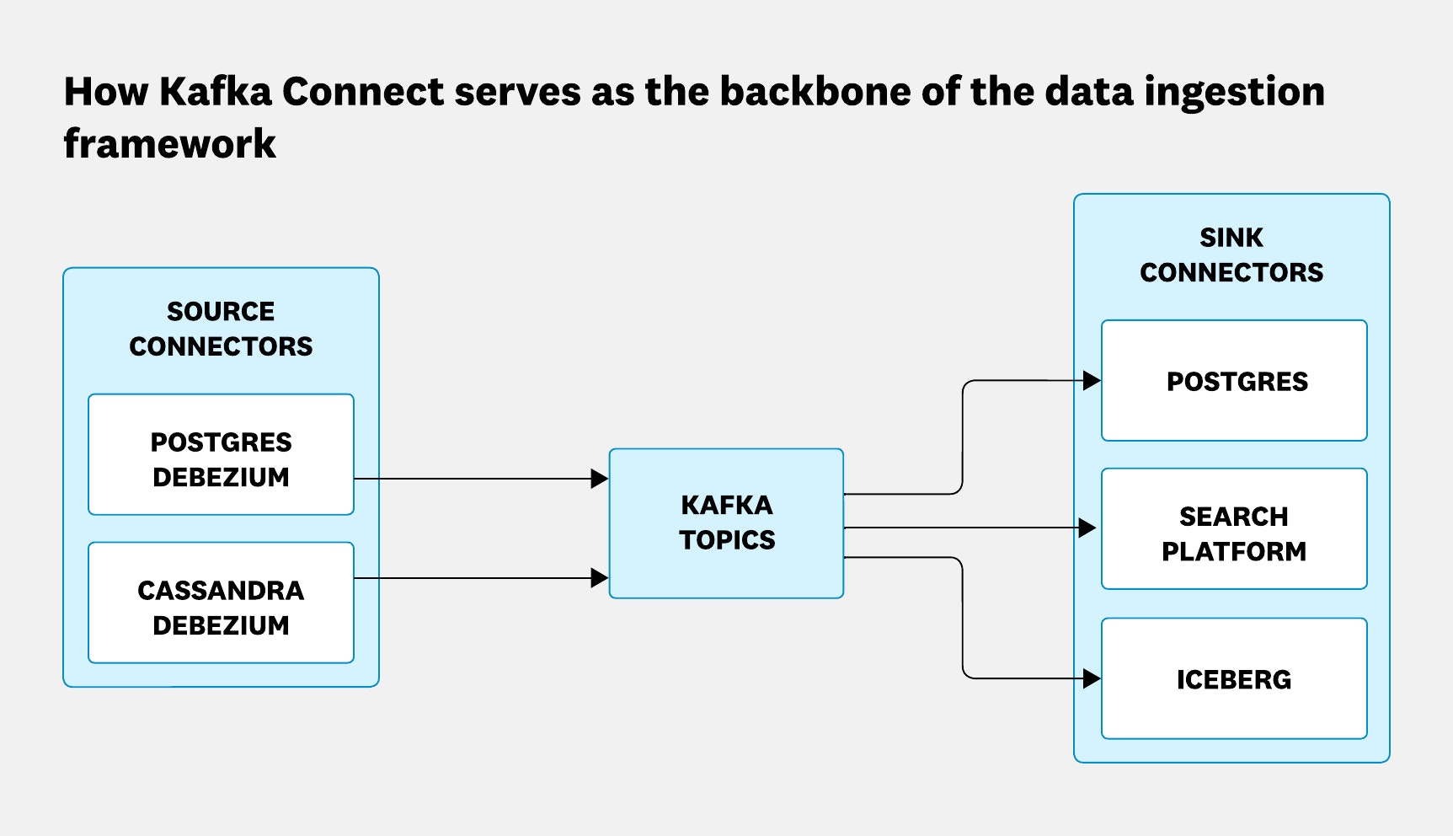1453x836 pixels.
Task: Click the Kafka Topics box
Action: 726,522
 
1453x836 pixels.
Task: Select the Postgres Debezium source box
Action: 221,455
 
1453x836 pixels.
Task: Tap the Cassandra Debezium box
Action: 221,603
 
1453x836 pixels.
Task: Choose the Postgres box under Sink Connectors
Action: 1234,381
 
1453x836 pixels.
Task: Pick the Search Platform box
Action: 1234,529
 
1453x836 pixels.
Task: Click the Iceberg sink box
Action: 1234,679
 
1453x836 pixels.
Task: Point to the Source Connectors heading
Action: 221,329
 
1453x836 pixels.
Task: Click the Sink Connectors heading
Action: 1231,255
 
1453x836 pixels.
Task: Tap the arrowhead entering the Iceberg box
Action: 1092,678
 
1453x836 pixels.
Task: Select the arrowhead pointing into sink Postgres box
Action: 1092,381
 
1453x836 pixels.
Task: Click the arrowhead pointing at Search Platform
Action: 1087,528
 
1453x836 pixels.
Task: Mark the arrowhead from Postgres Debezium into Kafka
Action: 600,479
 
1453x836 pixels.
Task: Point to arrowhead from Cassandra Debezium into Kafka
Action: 600,578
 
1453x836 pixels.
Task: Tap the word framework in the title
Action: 169,143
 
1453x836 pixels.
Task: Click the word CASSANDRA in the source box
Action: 221,590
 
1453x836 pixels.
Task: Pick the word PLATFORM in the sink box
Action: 1234,551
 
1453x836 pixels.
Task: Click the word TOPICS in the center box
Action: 727,539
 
